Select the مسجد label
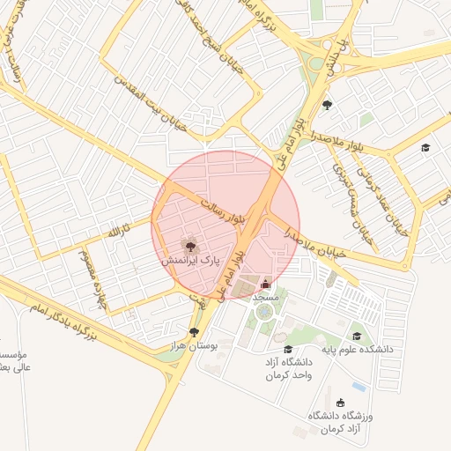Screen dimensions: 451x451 pos(265,298)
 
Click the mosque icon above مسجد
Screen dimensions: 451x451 pos(266,284)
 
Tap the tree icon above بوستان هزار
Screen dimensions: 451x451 pos(195,332)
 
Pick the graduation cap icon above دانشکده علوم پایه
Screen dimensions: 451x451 pos(357,336)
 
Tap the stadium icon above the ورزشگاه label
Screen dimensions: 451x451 pos(341,403)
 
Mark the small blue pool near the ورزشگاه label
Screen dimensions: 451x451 pos(359,386)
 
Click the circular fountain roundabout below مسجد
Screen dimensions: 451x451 pos(264,313)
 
